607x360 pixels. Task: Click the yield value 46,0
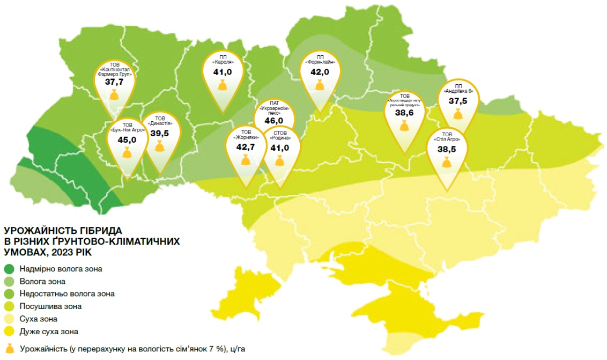click(273, 121)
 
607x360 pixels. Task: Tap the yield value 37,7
click(114, 82)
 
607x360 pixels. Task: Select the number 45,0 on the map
click(127, 139)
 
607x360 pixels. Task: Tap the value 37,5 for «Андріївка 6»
click(458, 101)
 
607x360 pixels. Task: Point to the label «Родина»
click(279, 137)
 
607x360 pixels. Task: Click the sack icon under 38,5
click(446, 162)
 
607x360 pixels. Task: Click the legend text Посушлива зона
click(50, 306)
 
